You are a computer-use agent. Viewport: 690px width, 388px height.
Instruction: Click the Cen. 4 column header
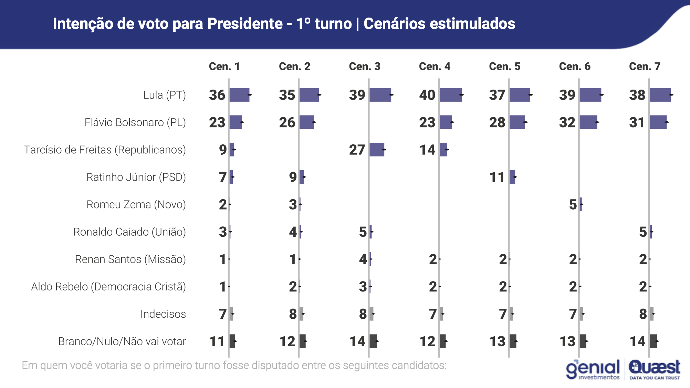pos(435,66)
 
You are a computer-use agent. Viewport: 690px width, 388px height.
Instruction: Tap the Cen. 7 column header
pos(645,66)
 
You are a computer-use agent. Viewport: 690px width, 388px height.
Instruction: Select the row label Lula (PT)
pos(164,95)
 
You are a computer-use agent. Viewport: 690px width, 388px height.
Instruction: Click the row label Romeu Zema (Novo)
pos(136,204)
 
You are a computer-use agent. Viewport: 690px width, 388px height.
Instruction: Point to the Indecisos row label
pos(163,314)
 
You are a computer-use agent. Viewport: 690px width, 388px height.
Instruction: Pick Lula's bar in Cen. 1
pos(239,95)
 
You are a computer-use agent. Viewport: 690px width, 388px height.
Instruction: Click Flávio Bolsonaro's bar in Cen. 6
pos(588,122)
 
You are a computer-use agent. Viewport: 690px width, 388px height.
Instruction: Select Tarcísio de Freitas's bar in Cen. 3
pos(377,150)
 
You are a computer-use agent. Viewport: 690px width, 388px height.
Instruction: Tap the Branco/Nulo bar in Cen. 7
pos(654,341)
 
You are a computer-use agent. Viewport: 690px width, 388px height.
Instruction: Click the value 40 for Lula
pos(427,95)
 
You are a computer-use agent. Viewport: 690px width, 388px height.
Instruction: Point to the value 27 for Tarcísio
pos(357,150)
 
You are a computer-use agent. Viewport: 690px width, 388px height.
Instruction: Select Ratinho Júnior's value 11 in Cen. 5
pos(497,177)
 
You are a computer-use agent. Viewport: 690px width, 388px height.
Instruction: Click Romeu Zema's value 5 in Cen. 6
pos(573,204)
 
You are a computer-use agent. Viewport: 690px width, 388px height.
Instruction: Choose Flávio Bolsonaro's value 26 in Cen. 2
pos(287,122)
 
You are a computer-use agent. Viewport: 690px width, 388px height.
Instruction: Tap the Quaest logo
pos(655,369)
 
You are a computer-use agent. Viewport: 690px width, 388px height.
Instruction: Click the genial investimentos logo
pos(593,369)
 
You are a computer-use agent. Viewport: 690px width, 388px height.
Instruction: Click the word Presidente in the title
pos(245,24)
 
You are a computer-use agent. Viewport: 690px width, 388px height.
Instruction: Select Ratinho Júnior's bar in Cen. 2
pos(302,177)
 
